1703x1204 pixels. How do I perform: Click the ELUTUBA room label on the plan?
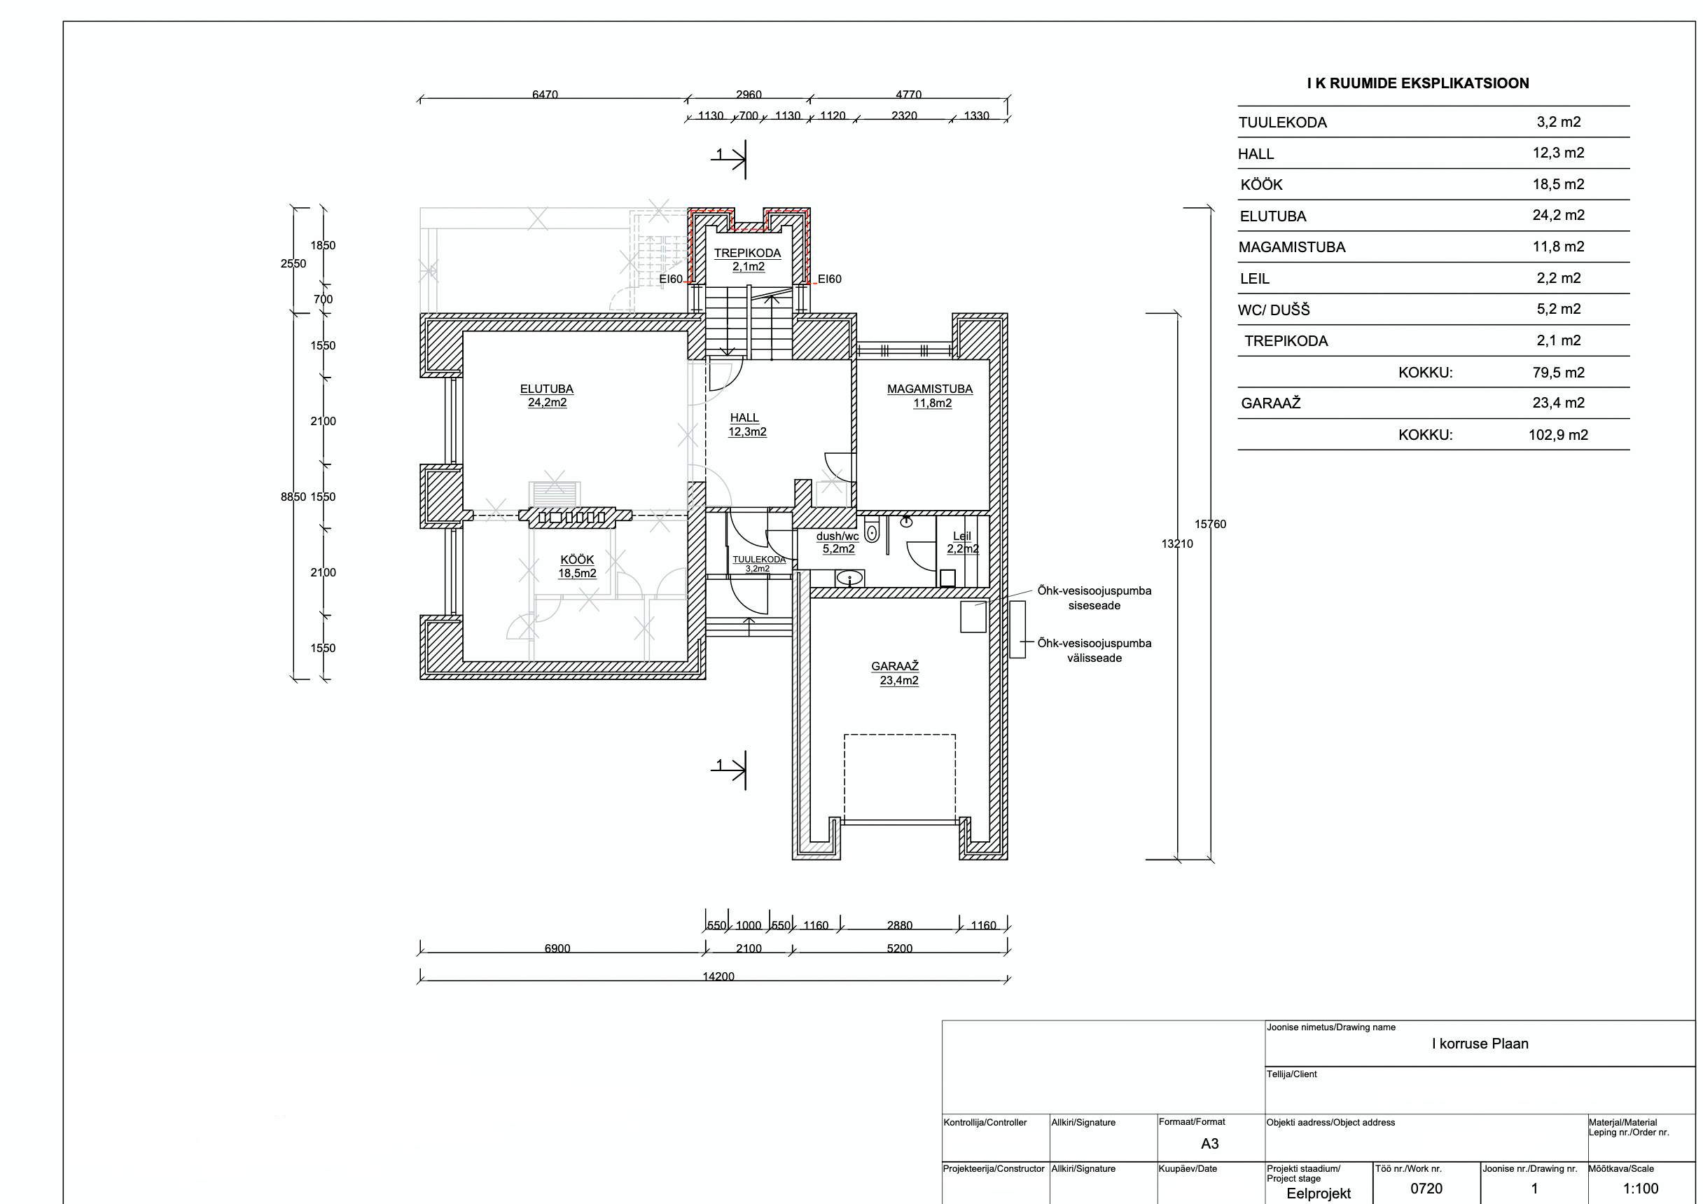(547, 389)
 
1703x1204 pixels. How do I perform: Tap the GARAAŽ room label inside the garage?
(895, 667)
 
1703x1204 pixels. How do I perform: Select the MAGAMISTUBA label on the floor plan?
(930, 389)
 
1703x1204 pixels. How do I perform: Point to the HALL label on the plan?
(744, 417)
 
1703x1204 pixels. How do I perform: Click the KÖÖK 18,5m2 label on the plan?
(577, 567)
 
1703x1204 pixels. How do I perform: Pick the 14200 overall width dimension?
(718, 976)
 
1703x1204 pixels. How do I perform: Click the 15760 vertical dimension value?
(1211, 525)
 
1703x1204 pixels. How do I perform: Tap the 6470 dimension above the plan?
(545, 95)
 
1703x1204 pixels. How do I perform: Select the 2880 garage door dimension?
(900, 925)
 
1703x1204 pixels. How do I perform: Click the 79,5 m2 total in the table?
(1558, 373)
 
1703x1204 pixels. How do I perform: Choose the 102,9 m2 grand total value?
(1558, 435)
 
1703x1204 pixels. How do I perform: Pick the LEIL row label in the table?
(1254, 279)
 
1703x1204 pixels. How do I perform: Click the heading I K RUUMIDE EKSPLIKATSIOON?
(1417, 83)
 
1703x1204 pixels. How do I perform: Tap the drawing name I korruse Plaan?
(1480, 1044)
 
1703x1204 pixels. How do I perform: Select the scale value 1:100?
(1641, 1189)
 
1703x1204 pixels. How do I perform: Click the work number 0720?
(1426, 1189)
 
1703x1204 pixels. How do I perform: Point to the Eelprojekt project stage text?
(1319, 1193)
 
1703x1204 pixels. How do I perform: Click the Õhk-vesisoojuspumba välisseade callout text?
(1094, 651)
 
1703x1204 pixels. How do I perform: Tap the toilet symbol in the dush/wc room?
(872, 532)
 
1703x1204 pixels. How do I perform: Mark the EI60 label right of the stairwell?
(829, 279)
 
